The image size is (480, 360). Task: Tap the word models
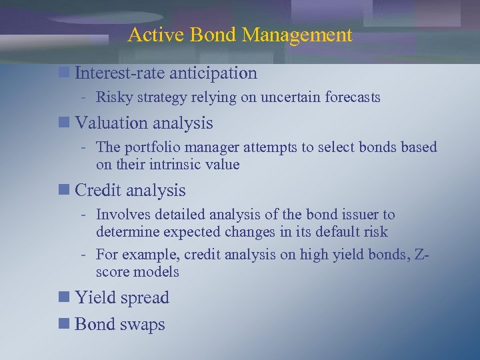coord(156,272)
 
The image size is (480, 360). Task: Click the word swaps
coord(141,324)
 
